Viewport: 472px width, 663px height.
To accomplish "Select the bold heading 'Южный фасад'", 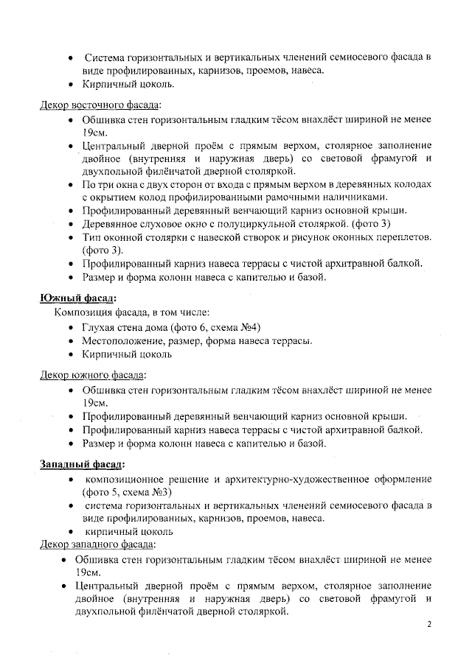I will (77, 298).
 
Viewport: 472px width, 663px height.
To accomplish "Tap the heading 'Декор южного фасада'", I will (92, 375).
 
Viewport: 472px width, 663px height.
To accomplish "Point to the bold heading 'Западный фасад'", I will (82, 465).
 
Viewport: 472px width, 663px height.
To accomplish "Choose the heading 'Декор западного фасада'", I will (97, 544).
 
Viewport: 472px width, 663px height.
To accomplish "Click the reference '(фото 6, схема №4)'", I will (218, 327).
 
